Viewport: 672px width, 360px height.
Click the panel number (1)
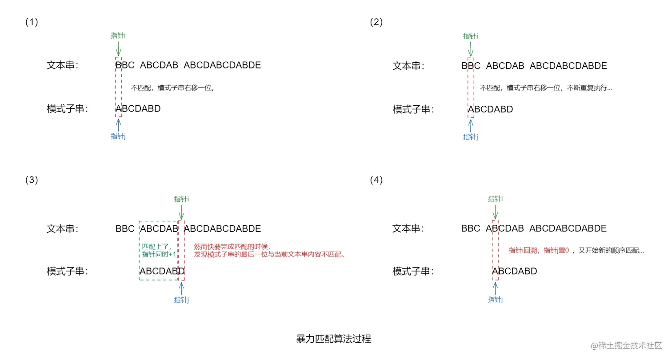(32, 22)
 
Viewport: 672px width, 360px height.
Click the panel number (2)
(376, 22)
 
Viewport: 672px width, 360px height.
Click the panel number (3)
(32, 180)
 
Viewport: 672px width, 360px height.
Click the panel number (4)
(376, 180)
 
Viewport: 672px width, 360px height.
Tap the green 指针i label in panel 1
(118, 36)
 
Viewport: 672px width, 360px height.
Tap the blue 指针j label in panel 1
(118, 136)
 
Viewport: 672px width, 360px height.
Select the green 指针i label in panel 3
(181, 199)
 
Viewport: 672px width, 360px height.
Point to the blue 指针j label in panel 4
(495, 300)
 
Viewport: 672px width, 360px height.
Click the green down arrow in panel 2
(471, 49)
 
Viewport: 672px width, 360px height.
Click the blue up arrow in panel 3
(181, 288)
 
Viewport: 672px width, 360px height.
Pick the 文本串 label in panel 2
(408, 66)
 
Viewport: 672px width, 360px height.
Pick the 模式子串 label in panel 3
(68, 271)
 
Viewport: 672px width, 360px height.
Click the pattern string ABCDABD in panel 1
(138, 109)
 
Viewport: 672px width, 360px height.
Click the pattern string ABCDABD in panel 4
(515, 271)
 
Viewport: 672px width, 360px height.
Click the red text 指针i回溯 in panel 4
(523, 251)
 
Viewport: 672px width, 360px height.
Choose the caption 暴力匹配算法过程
(333, 339)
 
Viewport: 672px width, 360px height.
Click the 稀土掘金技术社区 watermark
(626, 345)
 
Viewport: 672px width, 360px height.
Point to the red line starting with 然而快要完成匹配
(232, 246)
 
